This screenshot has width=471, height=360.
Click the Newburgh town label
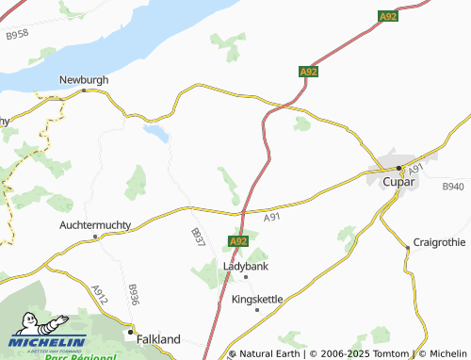tap(83, 80)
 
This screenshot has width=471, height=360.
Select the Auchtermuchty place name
tap(95, 225)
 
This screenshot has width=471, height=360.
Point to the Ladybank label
tap(246, 266)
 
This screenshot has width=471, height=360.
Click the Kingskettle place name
tap(257, 299)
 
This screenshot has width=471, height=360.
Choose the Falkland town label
tap(157, 337)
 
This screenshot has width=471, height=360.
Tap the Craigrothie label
tap(439, 243)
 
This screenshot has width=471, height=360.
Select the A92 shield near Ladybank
tap(238, 242)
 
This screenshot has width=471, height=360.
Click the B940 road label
tap(453, 188)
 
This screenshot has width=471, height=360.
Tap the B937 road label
tap(197, 237)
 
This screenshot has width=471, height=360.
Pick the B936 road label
tap(133, 294)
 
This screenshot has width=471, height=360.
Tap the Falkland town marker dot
tap(129, 332)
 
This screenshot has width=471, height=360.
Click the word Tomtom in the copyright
tap(382, 354)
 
